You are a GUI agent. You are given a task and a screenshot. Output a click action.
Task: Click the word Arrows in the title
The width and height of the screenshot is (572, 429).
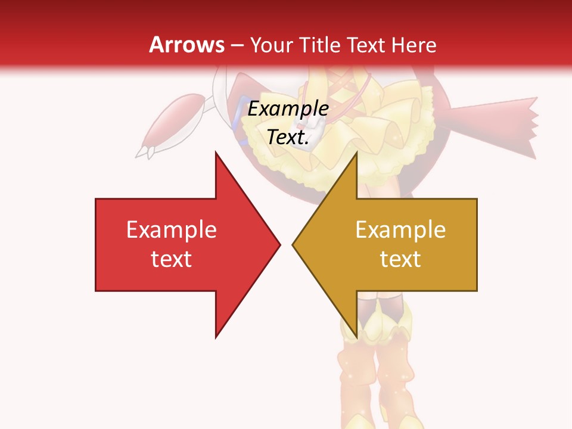point(186,45)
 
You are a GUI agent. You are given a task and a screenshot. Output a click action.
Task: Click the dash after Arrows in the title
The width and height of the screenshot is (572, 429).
point(237,45)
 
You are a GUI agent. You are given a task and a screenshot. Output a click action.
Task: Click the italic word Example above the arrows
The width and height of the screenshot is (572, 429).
point(288,109)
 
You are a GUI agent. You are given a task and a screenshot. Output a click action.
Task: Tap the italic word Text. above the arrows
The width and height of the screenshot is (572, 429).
point(288,138)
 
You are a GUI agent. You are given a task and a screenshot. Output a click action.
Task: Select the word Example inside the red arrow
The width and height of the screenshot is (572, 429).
point(172,229)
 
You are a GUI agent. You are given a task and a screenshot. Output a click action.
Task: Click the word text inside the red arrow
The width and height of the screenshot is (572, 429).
point(172,259)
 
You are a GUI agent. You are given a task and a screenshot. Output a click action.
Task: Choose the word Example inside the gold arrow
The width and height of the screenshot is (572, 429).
point(400,229)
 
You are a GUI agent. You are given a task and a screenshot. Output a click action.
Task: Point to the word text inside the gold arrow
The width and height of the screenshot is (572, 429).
point(400,259)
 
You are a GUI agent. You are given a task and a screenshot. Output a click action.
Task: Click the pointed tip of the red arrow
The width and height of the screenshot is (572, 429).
point(279,244)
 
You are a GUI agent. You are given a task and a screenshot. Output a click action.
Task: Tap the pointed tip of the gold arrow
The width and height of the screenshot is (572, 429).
point(294,244)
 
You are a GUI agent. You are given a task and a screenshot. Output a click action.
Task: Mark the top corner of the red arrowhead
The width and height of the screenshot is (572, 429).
point(216,154)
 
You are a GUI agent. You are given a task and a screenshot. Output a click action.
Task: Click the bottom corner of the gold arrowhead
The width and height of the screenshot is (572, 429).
point(356,336)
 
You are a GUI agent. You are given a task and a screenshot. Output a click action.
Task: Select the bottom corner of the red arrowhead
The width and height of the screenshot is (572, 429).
point(216,336)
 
